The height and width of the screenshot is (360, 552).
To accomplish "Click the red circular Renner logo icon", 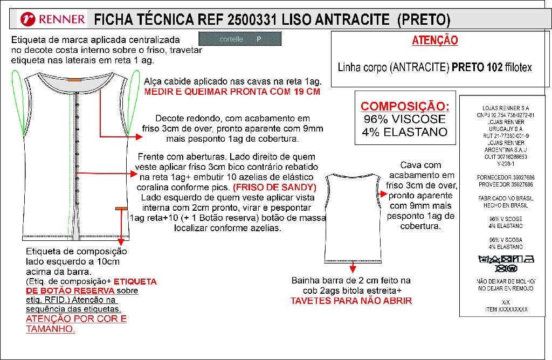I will tap(29, 20).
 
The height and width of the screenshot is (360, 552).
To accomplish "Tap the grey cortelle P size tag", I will tap(240, 39).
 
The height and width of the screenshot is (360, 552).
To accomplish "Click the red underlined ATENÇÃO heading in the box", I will tap(434, 40).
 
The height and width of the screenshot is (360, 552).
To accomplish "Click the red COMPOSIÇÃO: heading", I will tap(405, 106).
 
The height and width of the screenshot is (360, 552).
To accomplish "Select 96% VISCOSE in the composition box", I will tap(405, 119).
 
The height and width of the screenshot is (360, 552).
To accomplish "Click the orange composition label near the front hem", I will tap(121, 208).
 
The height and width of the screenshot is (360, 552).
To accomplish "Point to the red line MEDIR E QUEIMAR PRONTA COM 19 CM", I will tap(232, 92).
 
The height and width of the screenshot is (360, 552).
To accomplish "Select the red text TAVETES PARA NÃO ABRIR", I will tap(351, 301).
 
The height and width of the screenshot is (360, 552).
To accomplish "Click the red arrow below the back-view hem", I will tap(353, 266).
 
